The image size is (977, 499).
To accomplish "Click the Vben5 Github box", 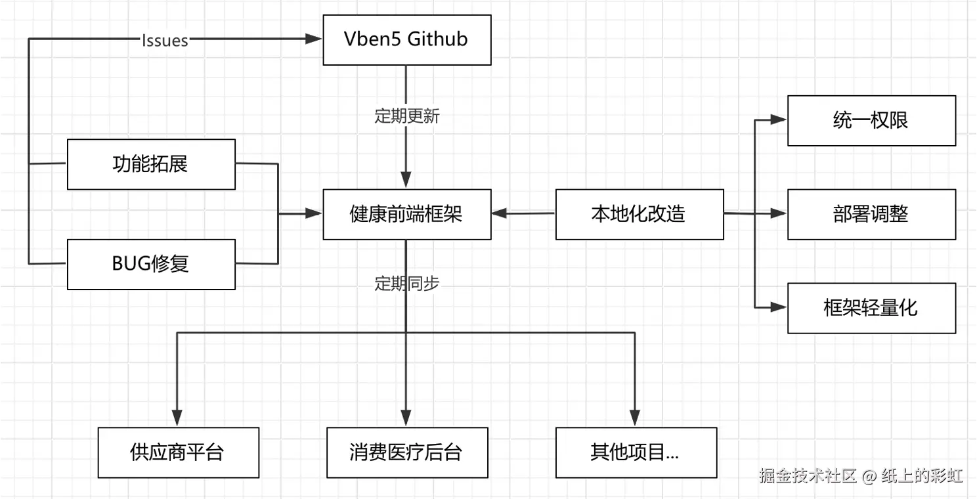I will click(x=406, y=39).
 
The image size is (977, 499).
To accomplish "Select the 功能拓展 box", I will click(x=151, y=164).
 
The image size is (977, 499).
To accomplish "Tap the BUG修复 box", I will click(x=151, y=264).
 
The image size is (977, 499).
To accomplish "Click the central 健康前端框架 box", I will click(x=406, y=214).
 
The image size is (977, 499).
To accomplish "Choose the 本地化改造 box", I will click(x=639, y=214).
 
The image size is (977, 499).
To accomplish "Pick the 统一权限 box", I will click(x=871, y=121).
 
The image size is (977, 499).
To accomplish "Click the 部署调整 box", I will click(x=871, y=214).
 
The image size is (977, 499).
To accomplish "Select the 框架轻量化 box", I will click(x=871, y=307).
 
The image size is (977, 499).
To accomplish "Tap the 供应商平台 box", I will click(x=178, y=452).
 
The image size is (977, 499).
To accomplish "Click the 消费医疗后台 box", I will click(x=406, y=452).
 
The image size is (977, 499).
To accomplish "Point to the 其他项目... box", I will click(x=635, y=452).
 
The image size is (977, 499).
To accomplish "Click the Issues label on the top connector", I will click(x=165, y=41).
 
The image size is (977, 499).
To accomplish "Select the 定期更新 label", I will click(x=406, y=117).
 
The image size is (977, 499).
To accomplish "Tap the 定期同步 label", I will click(x=406, y=284).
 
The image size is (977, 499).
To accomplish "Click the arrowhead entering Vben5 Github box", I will click(x=315, y=39).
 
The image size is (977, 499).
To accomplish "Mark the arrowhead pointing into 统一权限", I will click(x=779, y=120).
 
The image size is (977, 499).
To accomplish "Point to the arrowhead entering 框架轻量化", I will click(x=779, y=307).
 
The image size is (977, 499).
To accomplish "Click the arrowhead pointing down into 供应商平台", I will click(x=177, y=418).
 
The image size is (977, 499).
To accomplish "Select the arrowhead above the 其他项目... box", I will click(x=634, y=418).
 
